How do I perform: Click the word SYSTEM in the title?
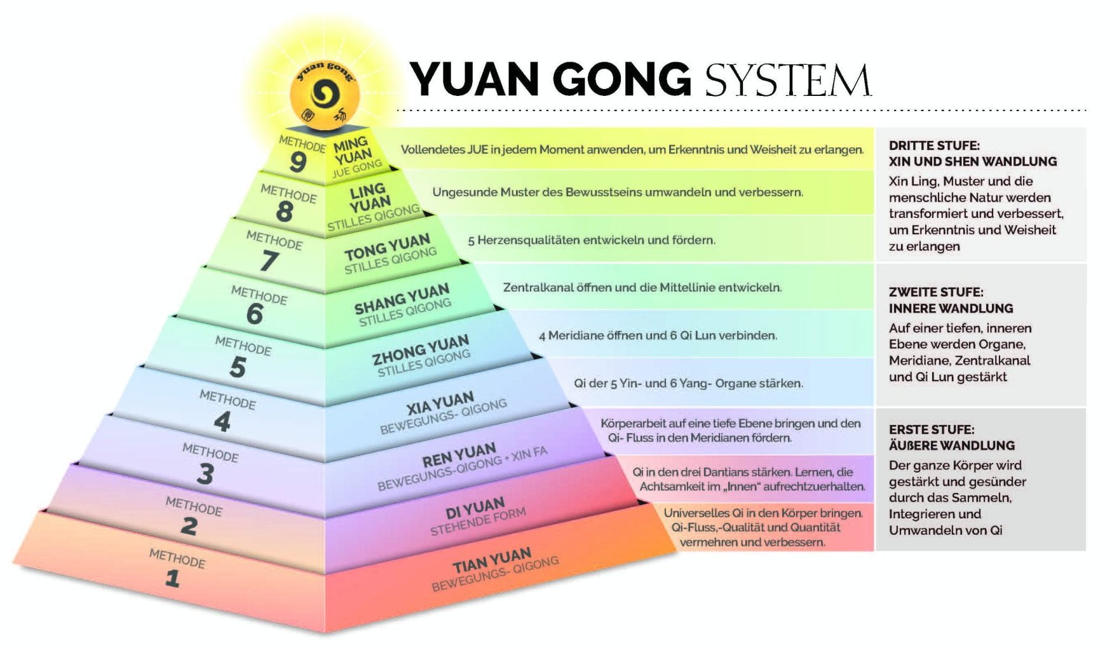pos(788,79)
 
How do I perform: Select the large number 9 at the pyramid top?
pos(297,161)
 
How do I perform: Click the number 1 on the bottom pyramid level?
pos(172,578)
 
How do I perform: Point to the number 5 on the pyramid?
pos(238,367)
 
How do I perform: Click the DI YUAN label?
pos(475,509)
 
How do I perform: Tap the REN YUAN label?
pos(459,455)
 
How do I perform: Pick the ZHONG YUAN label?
pos(421,350)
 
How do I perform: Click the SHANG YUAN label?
pos(402,299)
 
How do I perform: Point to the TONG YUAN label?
pos(387,247)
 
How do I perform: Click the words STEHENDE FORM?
pos(478,522)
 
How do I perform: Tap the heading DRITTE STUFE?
pos(934,145)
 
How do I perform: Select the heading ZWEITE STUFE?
pos(936,292)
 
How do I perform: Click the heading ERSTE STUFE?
pos(932,429)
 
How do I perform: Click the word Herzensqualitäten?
pos(531,240)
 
